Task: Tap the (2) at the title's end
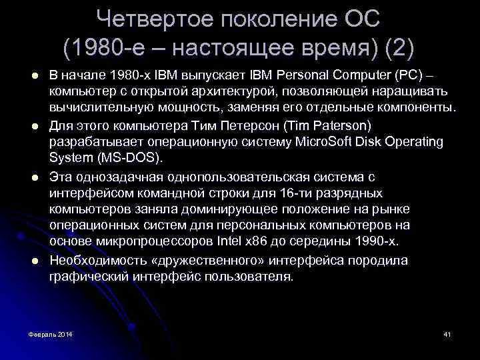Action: (399, 47)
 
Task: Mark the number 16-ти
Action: (288, 193)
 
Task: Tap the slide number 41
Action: (447, 333)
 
